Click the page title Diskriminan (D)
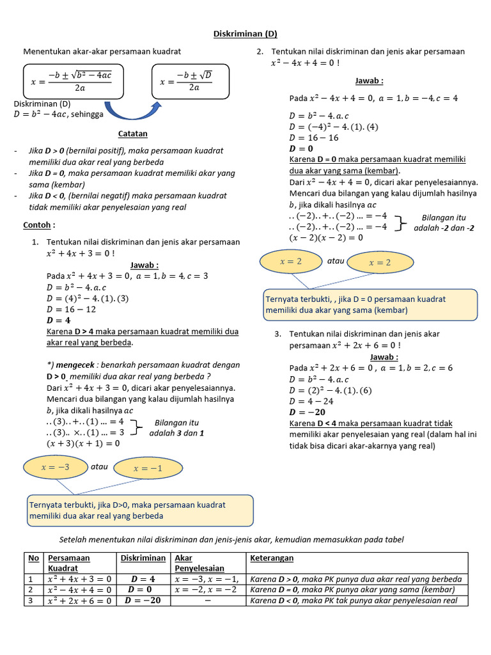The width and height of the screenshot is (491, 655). point(245,34)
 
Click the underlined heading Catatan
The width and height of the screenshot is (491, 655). point(132,134)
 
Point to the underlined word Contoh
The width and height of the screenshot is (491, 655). point(39,225)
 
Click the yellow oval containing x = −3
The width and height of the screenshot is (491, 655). point(54,467)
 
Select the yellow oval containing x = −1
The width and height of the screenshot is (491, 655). point(148,468)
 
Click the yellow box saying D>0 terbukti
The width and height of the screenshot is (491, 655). point(139,510)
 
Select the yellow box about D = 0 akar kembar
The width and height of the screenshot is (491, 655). point(370,304)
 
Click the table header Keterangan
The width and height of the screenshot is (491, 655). point(272,558)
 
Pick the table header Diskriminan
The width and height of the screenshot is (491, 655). point(143,558)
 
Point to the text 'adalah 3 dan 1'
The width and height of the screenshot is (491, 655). point(176,432)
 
